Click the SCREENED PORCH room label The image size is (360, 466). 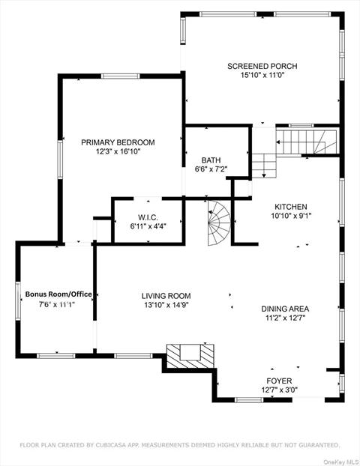tap(262, 66)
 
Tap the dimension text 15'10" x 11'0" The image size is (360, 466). tap(262, 76)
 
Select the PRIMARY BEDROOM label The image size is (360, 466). tap(118, 142)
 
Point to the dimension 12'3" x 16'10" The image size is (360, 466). tap(118, 151)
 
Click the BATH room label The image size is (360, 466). tap(210, 160)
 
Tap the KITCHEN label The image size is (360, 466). tap(290, 207)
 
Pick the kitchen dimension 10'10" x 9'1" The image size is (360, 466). tap(290, 216)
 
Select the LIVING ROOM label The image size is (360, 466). tap(166, 296)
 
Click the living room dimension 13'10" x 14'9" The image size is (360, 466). tap(166, 305)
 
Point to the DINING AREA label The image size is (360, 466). tap(285, 309)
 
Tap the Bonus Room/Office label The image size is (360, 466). tap(59, 294)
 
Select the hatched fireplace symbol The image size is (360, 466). tap(190, 353)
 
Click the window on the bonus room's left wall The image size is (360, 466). tap(18, 297)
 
